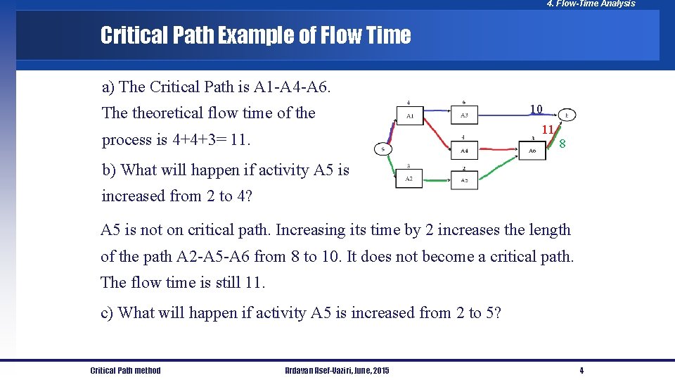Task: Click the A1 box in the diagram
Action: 410,115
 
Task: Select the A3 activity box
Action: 464,115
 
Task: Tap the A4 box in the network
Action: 464,151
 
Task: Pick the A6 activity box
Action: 532,151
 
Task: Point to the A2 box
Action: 409,179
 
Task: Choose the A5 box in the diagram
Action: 464,179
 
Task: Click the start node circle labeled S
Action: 383,149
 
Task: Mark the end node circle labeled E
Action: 567,115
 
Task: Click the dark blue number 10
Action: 536,109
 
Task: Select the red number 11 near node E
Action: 548,129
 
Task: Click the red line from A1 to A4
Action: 436,134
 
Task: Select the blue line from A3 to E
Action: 517,113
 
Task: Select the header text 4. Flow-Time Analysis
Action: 591,4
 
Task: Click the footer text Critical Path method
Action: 125,371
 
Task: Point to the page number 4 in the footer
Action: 581,371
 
